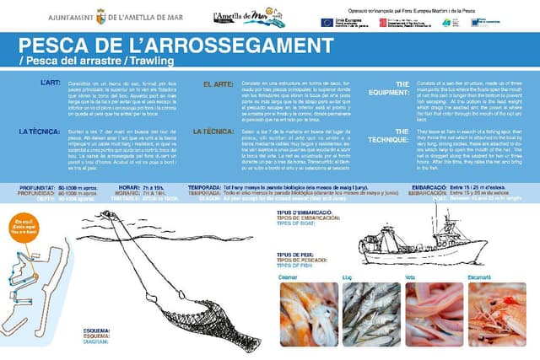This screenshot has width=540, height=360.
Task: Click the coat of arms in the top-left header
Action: click(x=100, y=15)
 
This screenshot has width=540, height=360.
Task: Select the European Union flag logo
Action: click(x=327, y=23)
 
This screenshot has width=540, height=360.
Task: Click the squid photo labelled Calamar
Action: click(x=307, y=314)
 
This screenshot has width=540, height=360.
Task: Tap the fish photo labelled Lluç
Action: click(x=372, y=314)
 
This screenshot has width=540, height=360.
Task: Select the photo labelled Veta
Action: click(x=435, y=314)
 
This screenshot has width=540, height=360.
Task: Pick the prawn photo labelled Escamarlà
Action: click(x=497, y=314)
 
